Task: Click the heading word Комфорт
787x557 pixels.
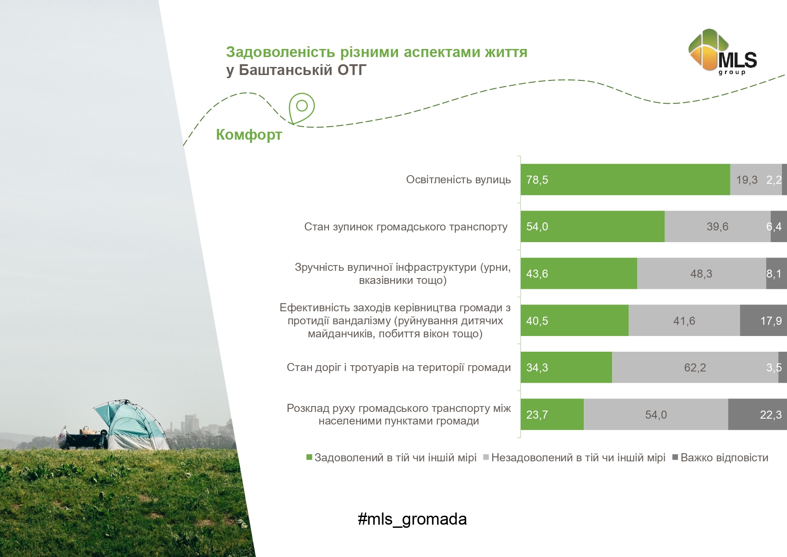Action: click(x=249, y=135)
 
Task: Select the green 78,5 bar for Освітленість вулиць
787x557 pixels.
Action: click(x=625, y=180)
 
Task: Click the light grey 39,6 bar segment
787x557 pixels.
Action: click(x=717, y=226)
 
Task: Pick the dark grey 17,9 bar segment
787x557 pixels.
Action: click(x=763, y=320)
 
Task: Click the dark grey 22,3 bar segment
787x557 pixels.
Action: click(x=757, y=414)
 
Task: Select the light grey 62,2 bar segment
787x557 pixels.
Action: click(x=695, y=367)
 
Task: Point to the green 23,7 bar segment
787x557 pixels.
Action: click(x=552, y=414)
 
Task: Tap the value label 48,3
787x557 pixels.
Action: click(x=701, y=274)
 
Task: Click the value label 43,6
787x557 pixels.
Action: click(x=537, y=274)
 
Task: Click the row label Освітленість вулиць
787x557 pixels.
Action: click(x=458, y=180)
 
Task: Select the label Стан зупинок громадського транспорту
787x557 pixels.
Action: click(x=406, y=227)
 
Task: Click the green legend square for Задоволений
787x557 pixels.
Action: click(x=309, y=457)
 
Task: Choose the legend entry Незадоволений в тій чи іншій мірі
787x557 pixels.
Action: click(x=574, y=458)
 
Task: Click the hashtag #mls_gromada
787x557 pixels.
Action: click(x=412, y=519)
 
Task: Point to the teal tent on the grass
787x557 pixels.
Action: click(x=132, y=424)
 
